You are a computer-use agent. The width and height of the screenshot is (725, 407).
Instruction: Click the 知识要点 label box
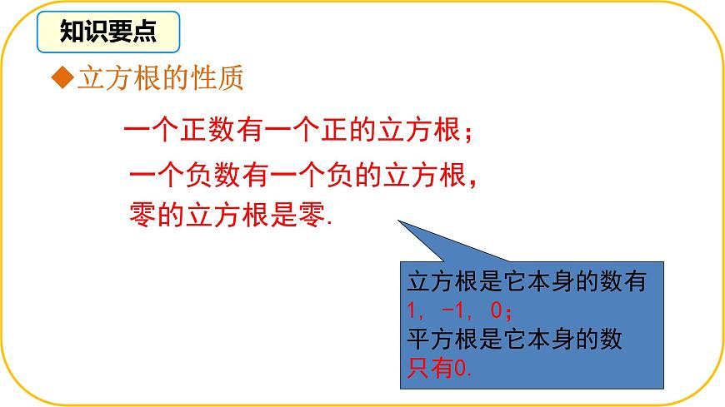pos(107,32)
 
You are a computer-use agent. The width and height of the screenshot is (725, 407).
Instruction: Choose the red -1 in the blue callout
pos(455,311)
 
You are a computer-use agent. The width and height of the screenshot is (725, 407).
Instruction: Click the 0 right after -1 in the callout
pos(497,311)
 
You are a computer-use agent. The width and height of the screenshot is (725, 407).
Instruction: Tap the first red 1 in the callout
pos(412,311)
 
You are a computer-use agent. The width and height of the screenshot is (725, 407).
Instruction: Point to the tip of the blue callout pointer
pos(398,221)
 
